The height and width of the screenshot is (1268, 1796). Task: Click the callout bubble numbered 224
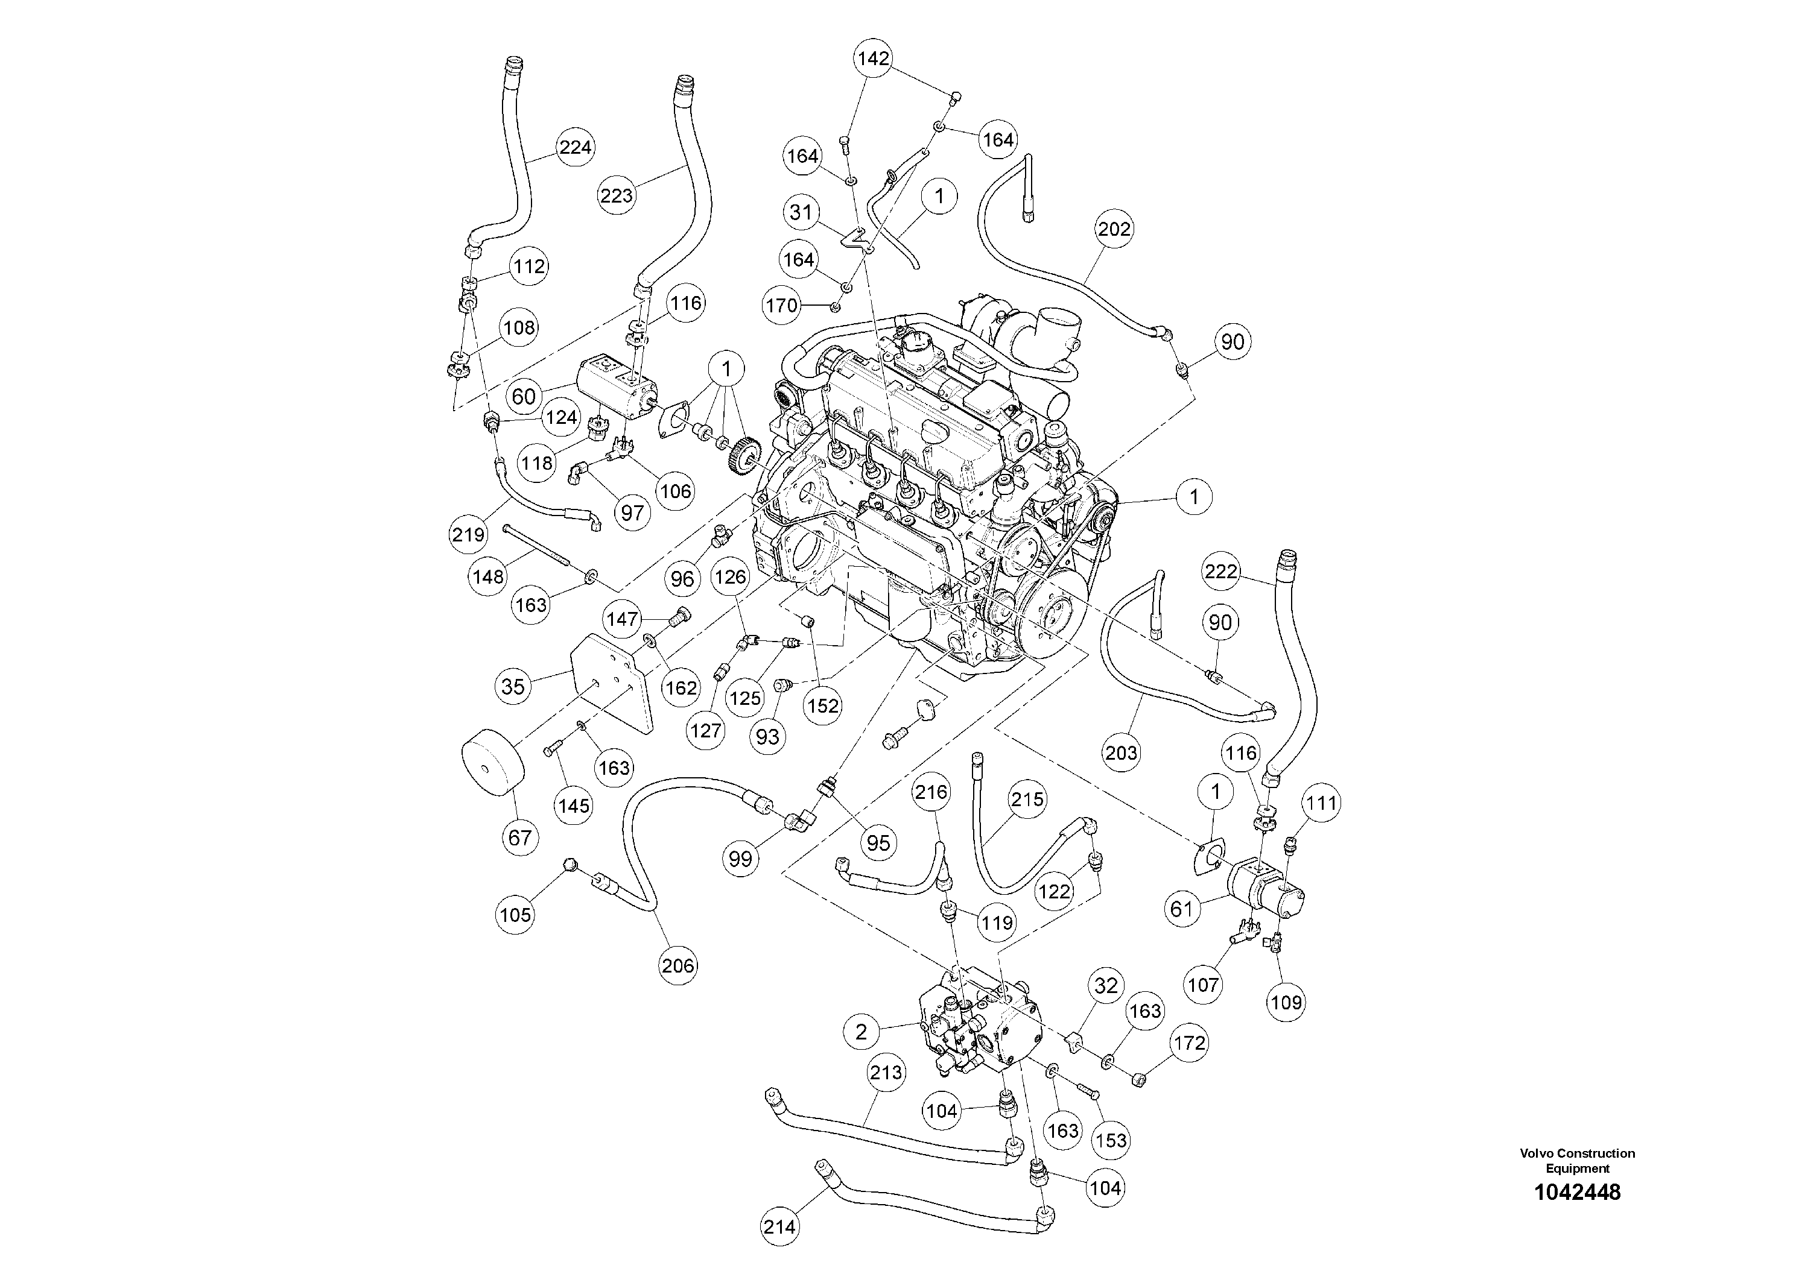[x=575, y=147]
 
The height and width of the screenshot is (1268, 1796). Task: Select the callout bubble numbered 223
[x=617, y=195]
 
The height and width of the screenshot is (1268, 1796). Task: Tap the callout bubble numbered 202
[x=1114, y=229]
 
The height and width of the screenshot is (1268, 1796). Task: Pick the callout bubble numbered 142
[x=873, y=58]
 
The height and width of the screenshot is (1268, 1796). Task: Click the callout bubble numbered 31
[x=801, y=212]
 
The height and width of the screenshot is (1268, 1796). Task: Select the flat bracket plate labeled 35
[x=612, y=682]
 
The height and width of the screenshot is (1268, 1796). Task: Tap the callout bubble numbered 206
[x=677, y=965]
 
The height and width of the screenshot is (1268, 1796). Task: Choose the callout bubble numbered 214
[x=780, y=1226]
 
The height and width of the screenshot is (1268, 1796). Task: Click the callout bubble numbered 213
[x=886, y=1073]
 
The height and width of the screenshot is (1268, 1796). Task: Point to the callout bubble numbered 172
[x=1189, y=1043]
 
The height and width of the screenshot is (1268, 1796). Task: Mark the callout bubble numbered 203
[x=1122, y=753]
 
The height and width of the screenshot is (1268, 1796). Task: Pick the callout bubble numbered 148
[x=489, y=577]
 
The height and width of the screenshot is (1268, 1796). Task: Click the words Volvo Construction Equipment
[x=1577, y=1160]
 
